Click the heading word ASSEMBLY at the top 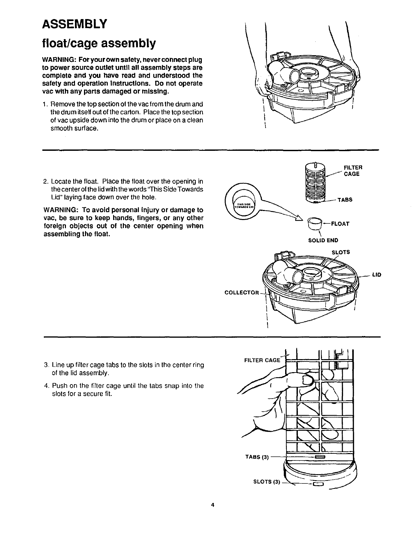click(x=75, y=24)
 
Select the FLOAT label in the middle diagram click(x=340, y=224)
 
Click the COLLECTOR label click(x=242, y=293)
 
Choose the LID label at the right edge click(x=376, y=275)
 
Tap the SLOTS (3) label click(x=266, y=482)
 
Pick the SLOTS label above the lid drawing click(x=340, y=252)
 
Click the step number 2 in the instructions click(x=46, y=181)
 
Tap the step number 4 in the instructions click(x=46, y=386)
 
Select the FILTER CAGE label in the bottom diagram click(x=262, y=360)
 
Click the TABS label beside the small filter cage click(x=345, y=200)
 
